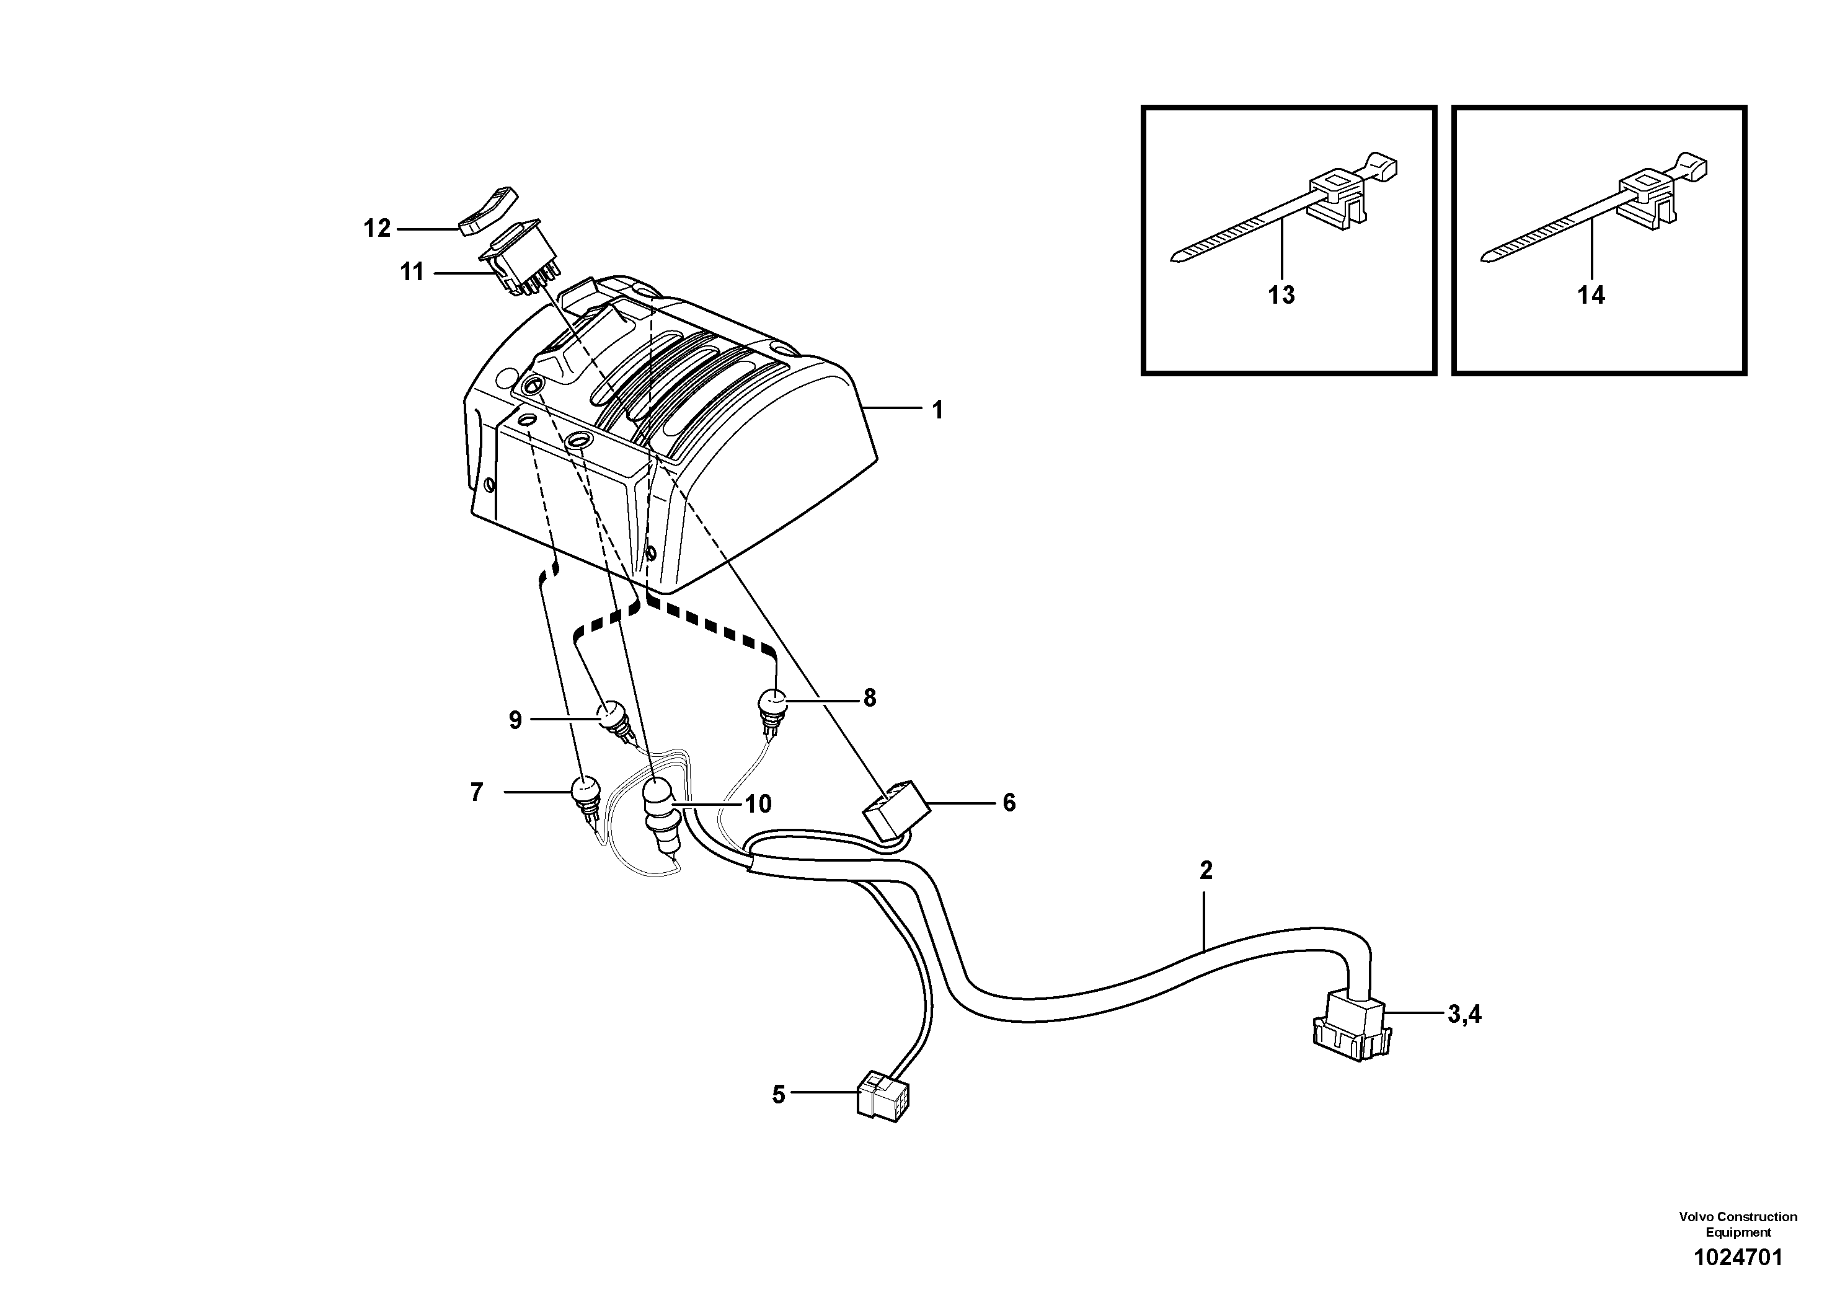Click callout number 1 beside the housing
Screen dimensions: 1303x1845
(937, 410)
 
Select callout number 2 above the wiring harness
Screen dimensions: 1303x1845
(1205, 870)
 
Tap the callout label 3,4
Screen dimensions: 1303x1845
(1464, 1015)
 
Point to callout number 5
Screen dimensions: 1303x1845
(778, 1095)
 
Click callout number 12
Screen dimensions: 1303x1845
(377, 229)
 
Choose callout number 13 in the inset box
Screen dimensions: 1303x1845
(1281, 296)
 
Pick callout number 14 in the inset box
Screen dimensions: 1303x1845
(1591, 296)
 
